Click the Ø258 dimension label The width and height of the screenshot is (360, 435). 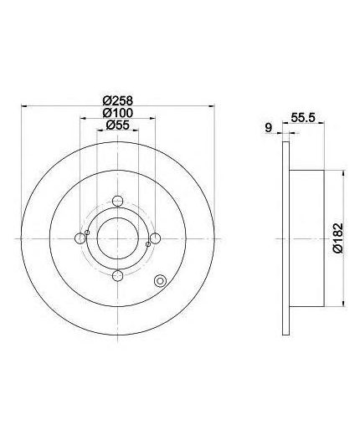click(x=117, y=100)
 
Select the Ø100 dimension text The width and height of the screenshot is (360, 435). click(x=117, y=113)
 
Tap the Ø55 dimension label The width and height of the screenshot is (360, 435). click(x=117, y=125)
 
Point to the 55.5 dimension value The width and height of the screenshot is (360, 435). click(x=303, y=117)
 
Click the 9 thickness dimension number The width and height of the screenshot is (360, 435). click(x=268, y=128)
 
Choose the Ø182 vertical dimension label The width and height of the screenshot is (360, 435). click(x=337, y=238)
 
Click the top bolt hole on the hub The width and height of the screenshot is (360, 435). click(x=117, y=201)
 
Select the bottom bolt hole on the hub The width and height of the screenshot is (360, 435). click(x=117, y=276)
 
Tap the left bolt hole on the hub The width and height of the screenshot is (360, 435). click(x=80, y=238)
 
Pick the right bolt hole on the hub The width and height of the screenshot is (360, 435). click(x=155, y=238)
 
